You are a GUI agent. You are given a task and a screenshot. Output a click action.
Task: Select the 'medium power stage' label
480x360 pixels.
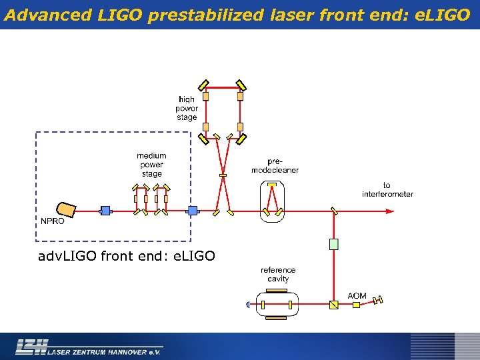pos(151,165)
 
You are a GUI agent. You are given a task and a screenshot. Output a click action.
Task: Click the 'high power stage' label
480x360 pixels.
pos(187,108)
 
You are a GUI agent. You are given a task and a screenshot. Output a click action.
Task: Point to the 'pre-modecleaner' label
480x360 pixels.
pos(275,165)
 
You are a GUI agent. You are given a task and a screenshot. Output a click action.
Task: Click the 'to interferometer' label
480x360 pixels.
pos(387,190)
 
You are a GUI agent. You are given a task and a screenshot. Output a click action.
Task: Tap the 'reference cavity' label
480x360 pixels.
pos(278,275)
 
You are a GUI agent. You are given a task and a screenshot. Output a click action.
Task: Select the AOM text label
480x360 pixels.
pos(357,295)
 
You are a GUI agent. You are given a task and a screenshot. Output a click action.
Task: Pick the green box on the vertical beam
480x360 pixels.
pos(334,244)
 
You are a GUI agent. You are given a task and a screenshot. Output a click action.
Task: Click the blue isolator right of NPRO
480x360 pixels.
pos(105,211)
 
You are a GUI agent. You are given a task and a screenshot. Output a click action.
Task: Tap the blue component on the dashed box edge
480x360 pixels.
pos(192,211)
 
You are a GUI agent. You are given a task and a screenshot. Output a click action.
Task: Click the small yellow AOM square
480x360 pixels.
pos(356,305)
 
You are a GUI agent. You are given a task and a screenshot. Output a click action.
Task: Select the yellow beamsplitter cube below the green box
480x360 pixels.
pos(334,305)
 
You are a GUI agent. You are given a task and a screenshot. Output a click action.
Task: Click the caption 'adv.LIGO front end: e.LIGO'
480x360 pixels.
pos(127,255)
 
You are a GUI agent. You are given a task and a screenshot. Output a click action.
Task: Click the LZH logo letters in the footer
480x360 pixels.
pos(32,346)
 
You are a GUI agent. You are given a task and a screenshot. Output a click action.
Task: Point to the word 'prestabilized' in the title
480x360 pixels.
pos(206,15)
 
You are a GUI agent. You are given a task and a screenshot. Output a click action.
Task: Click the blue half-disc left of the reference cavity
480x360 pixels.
pos(248,305)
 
